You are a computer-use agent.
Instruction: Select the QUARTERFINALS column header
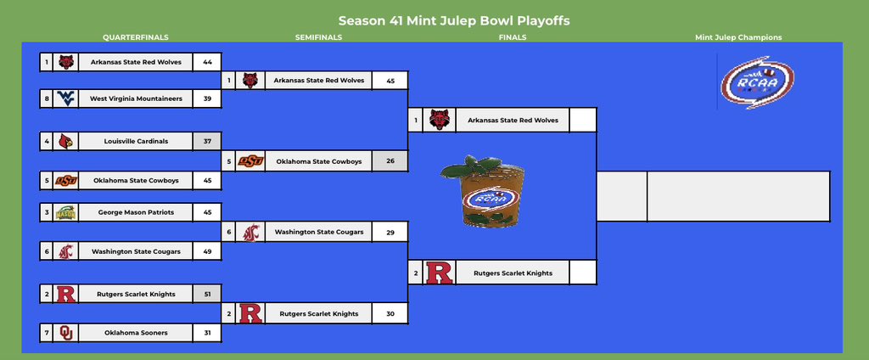(136, 37)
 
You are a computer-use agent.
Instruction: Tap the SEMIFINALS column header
(319, 37)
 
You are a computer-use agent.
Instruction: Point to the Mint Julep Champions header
(737, 37)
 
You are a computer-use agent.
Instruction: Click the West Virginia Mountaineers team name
(136, 98)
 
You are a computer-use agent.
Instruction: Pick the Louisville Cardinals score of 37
(207, 141)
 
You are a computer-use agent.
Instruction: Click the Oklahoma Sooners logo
(65, 333)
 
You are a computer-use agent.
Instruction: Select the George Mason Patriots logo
(65, 212)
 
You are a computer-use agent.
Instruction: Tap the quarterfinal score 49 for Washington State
(207, 251)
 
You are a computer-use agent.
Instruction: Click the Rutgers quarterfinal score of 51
(207, 294)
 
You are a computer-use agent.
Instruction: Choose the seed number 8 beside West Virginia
(46, 98)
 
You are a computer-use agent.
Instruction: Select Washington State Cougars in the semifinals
(319, 232)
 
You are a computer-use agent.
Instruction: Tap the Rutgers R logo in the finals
(438, 273)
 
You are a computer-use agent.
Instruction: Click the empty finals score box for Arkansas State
(582, 120)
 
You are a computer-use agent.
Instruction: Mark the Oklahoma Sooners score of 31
(207, 333)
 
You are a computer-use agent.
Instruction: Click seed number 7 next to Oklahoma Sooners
(46, 333)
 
